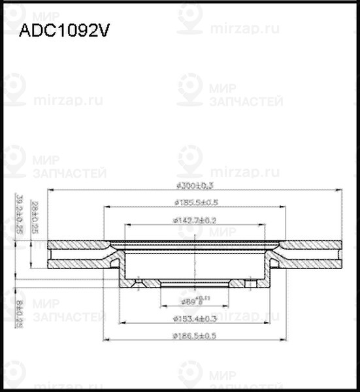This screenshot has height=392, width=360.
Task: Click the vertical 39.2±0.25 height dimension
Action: [x=19, y=214]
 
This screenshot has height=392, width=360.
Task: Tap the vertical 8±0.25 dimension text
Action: [x=20, y=313]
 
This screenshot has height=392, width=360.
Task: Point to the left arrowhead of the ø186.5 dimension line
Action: [x=106, y=340]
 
